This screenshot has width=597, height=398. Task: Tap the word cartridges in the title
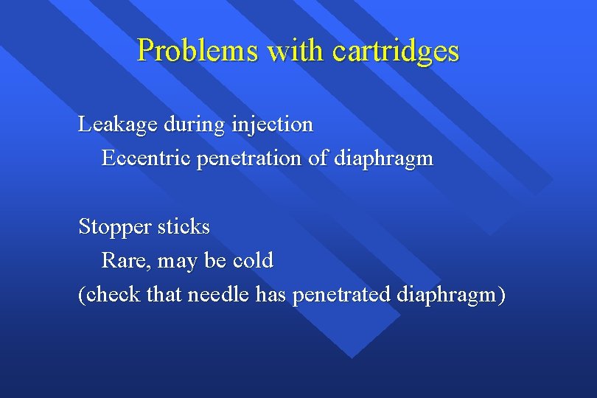(x=396, y=51)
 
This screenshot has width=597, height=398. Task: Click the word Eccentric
(x=145, y=158)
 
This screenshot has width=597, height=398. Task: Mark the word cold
(x=253, y=260)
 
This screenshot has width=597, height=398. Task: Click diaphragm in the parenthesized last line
(x=448, y=295)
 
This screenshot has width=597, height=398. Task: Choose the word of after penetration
(x=318, y=158)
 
